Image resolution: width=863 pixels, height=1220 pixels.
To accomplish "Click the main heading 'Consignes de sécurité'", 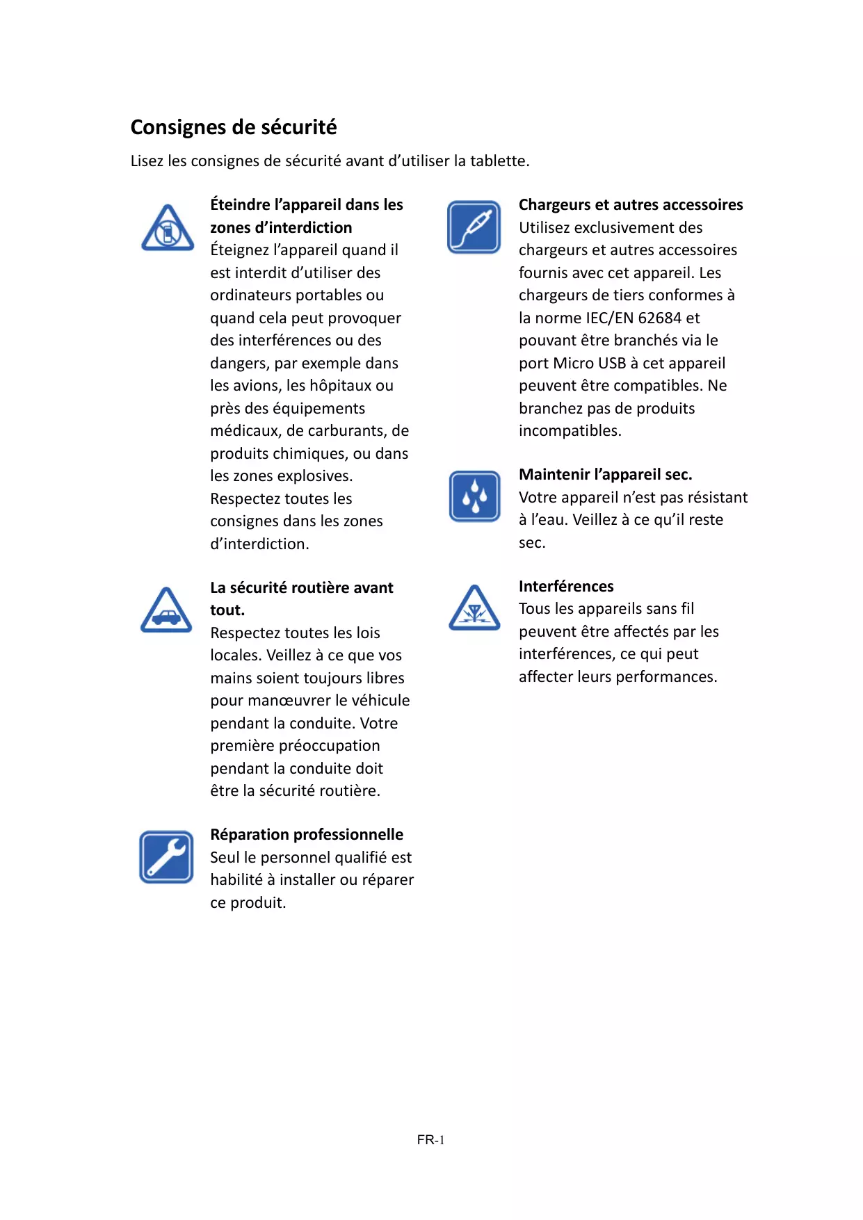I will tap(234, 127).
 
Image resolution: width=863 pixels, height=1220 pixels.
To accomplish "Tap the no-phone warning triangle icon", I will tap(168, 228).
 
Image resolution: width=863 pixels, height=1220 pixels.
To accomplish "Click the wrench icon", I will tap(166, 856).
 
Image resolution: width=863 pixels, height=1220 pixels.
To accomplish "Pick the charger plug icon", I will tap(474, 227).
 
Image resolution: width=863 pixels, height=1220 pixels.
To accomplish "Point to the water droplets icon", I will tap(474, 496).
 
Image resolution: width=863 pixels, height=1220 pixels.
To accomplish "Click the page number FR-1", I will tap(430, 1139).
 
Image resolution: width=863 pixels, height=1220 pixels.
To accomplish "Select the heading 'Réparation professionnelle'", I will tap(307, 834).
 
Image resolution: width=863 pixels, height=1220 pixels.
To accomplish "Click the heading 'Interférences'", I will tap(566, 586).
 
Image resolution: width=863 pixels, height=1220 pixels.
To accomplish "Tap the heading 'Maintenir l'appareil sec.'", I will tap(605, 474).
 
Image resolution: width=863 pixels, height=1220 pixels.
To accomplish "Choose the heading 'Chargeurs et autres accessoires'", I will tap(631, 204).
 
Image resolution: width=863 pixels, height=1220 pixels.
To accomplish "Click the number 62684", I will tap(659, 318).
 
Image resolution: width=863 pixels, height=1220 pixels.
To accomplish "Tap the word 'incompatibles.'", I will tap(570, 430).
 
